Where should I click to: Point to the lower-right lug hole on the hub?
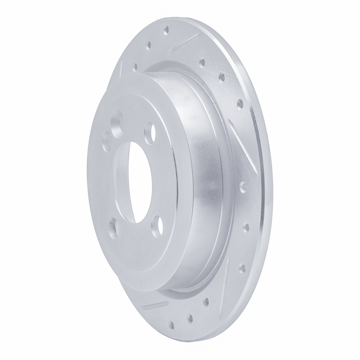[x=156, y=224]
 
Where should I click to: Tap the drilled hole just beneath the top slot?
[x=202, y=63]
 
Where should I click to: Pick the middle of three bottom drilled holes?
[x=190, y=318]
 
